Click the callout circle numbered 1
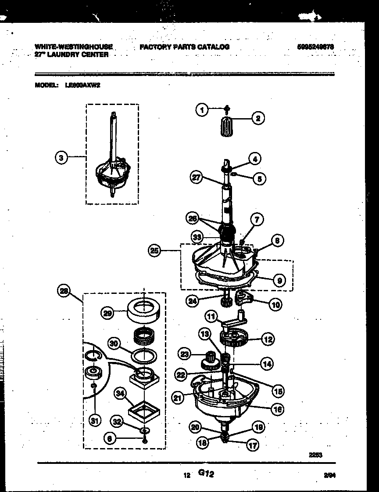tap(202, 110)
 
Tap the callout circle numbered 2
tap(257, 118)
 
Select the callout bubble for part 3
tap(62, 157)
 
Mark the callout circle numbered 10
tap(275, 304)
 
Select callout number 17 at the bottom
tap(253, 445)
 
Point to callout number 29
tap(107, 312)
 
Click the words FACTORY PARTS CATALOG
tap(184, 47)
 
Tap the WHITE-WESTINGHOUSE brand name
tap(73, 46)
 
